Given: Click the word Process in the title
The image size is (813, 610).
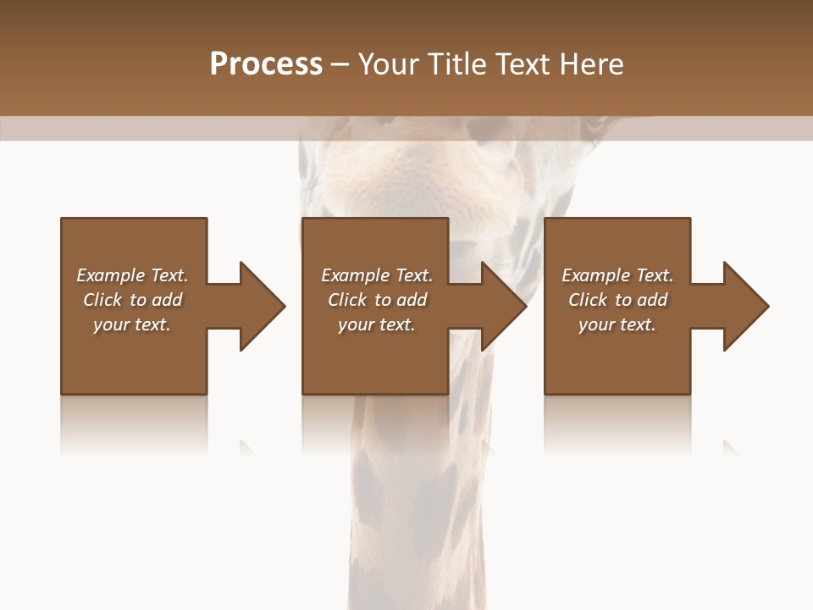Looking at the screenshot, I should [x=266, y=64].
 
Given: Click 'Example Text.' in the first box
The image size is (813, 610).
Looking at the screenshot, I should [x=132, y=275].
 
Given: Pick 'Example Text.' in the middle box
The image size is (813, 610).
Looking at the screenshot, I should [x=376, y=275].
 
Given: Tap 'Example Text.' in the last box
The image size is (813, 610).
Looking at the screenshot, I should [x=617, y=275].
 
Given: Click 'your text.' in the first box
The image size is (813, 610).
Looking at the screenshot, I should [x=132, y=324].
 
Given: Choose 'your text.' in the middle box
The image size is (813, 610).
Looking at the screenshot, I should [x=376, y=324].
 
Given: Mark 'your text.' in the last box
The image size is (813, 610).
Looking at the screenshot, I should [x=617, y=324].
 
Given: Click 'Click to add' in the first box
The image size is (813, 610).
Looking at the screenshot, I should [x=132, y=300].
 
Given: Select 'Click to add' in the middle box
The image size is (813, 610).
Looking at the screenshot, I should [x=376, y=300].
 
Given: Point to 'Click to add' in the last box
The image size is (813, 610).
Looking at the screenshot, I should [x=617, y=300].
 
